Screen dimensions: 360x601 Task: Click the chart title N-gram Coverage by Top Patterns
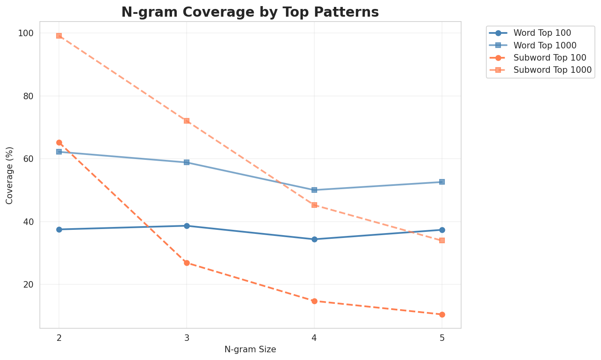(250, 12)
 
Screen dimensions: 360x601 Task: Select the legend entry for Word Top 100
(544, 33)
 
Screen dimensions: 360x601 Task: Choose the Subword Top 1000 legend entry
(552, 70)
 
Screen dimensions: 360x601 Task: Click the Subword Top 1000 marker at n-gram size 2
(59, 36)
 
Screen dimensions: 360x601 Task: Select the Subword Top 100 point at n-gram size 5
(442, 314)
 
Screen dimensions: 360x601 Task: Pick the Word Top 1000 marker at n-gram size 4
(314, 190)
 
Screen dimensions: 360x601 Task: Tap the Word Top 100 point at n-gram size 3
(187, 226)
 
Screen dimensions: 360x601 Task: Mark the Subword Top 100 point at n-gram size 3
(187, 263)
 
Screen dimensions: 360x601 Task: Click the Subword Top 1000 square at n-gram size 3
(187, 121)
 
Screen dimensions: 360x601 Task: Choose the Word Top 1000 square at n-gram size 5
(442, 182)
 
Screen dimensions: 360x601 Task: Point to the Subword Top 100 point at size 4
(314, 301)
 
